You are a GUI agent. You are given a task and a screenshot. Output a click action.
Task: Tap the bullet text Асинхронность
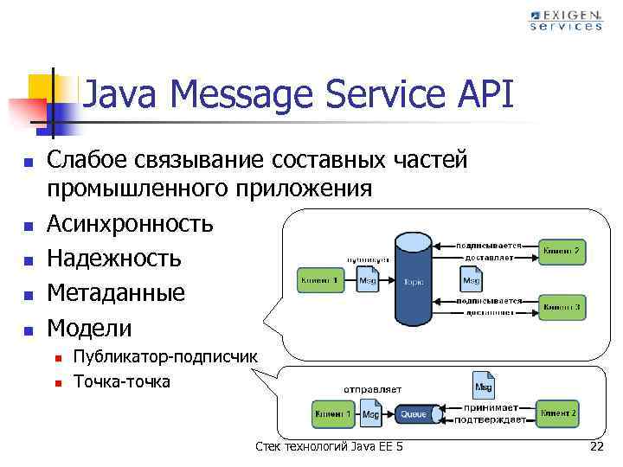(130, 224)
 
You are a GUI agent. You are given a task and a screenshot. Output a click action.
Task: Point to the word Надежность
(114, 259)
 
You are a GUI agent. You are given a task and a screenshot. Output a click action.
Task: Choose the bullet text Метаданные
(116, 292)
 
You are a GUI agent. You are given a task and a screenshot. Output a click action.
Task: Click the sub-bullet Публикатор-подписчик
(165, 357)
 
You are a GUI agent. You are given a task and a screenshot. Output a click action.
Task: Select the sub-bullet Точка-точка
(122, 381)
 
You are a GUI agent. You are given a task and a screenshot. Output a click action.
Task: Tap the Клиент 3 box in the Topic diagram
(561, 306)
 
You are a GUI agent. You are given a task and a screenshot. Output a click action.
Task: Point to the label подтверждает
(494, 420)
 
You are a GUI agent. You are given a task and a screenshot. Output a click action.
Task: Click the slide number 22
(596, 446)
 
